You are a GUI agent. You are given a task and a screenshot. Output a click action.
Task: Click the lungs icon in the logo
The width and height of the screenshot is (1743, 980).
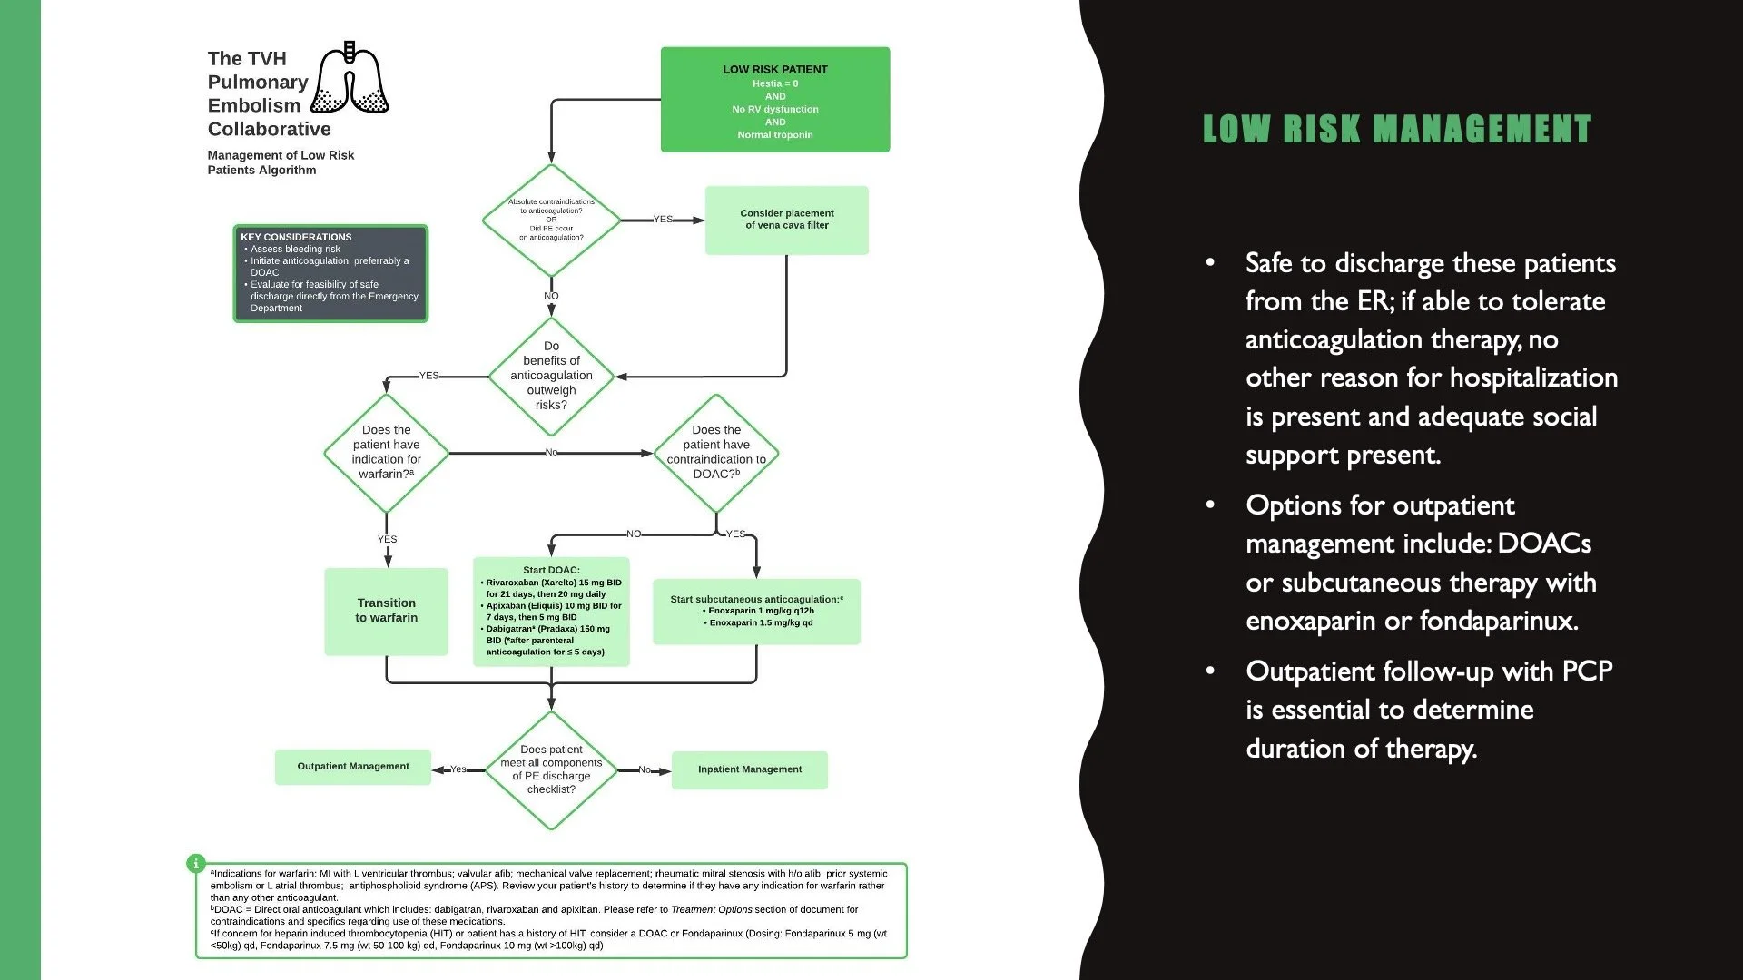click(x=350, y=80)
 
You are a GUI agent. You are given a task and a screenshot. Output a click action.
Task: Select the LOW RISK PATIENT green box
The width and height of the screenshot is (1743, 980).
click(x=775, y=100)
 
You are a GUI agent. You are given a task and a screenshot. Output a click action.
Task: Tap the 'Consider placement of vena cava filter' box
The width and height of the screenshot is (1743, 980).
click(x=786, y=220)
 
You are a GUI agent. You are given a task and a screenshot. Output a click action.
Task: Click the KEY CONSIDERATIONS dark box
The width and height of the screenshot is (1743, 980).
click(x=330, y=273)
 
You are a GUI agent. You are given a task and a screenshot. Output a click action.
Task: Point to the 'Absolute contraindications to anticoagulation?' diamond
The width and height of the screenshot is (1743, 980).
click(x=551, y=220)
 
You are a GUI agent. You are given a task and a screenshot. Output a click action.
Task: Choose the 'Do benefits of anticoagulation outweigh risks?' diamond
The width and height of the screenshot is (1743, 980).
click(x=551, y=376)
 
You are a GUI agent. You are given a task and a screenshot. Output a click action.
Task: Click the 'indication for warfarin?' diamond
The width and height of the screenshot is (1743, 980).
click(x=386, y=452)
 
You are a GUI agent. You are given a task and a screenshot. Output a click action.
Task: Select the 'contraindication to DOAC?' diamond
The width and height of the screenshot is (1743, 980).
click(x=716, y=452)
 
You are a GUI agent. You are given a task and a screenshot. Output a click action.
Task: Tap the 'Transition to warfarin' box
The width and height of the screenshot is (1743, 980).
click(x=386, y=611)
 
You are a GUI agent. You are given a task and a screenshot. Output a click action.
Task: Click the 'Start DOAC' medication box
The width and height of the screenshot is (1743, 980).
click(x=551, y=612)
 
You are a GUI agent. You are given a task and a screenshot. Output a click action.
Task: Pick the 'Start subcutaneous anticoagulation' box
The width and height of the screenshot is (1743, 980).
click(x=756, y=612)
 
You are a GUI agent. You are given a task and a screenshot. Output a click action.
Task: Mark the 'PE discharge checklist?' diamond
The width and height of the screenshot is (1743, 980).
click(x=551, y=769)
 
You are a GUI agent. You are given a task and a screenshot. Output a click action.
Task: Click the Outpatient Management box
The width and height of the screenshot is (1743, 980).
click(x=353, y=767)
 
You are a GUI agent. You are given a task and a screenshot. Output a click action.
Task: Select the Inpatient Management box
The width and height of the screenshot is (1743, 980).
click(x=749, y=769)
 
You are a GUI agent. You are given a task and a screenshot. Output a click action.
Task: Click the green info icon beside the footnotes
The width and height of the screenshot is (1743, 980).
click(x=195, y=863)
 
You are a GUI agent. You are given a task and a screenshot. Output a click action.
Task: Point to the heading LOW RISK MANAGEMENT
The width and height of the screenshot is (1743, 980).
click(x=1397, y=129)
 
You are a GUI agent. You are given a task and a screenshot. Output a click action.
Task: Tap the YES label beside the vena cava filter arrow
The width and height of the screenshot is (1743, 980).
click(x=664, y=220)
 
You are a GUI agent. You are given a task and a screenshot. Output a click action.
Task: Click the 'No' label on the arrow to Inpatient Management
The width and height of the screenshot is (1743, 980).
click(x=644, y=769)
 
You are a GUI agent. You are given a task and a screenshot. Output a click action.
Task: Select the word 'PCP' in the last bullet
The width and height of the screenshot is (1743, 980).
click(x=1586, y=671)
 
